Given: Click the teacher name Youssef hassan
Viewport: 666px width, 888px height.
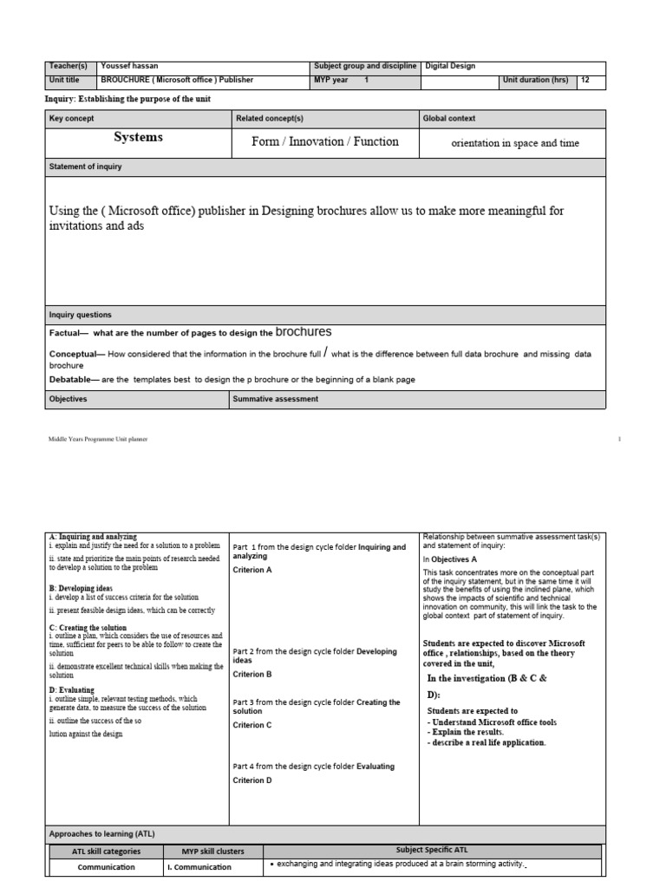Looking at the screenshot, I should pyautogui.click(x=129, y=66).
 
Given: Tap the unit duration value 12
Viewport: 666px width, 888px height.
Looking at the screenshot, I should pyautogui.click(x=586, y=81).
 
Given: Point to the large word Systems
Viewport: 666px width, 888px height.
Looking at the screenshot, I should pyautogui.click(x=139, y=138).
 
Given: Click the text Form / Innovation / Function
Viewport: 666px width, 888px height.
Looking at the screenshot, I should pyautogui.click(x=325, y=142).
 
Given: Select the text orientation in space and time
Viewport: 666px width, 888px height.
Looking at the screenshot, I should pyautogui.click(x=515, y=144).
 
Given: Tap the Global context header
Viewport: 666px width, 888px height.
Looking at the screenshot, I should pyautogui.click(x=449, y=118).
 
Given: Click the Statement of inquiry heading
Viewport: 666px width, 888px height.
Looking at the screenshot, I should pyautogui.click(x=87, y=165).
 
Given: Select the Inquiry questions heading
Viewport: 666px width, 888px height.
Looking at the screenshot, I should pyautogui.click(x=81, y=315).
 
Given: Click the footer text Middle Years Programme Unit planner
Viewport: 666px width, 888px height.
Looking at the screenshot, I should pyautogui.click(x=98, y=440).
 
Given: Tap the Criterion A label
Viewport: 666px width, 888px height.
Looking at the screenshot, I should pyautogui.click(x=252, y=570).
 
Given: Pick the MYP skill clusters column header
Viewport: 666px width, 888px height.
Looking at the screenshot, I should pyautogui.click(x=212, y=852).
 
